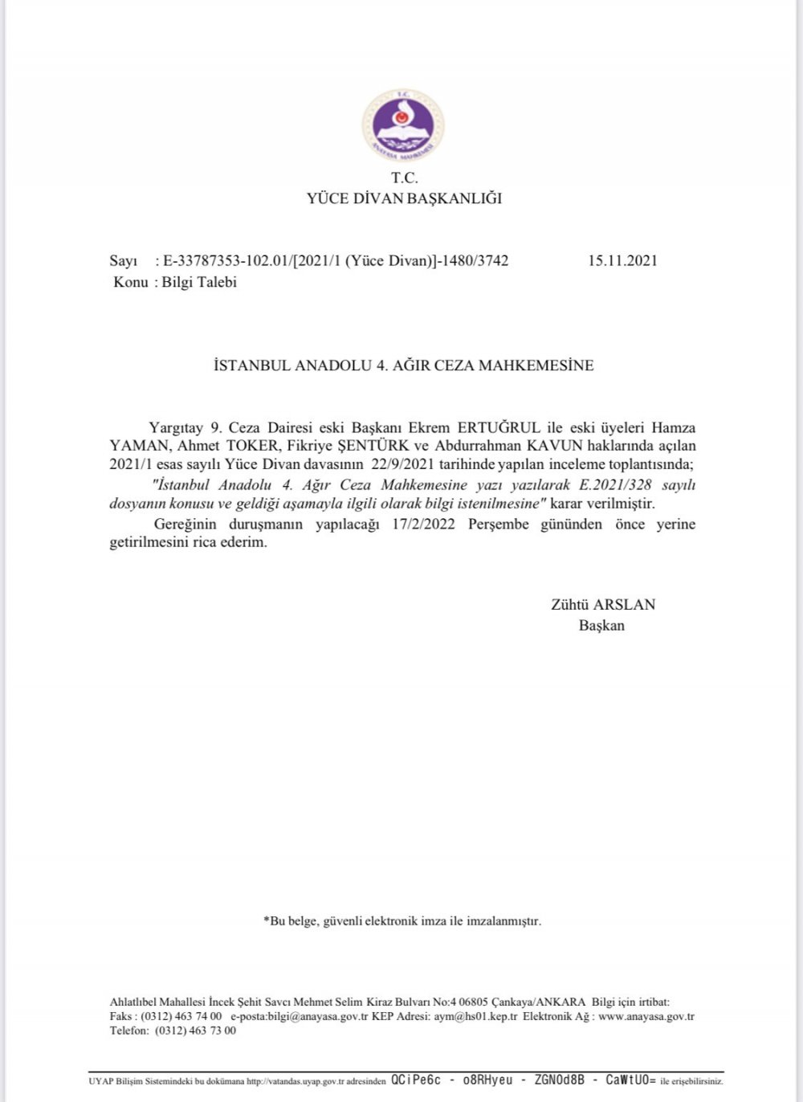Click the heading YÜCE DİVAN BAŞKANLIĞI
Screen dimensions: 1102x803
tap(404, 198)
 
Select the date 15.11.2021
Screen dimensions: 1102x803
tap(622, 260)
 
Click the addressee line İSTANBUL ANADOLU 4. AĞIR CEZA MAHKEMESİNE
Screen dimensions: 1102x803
tap(404, 365)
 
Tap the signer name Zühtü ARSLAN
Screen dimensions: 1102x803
tap(603, 605)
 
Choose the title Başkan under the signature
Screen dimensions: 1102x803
tap(601, 626)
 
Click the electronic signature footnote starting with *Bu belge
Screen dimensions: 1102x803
tap(402, 921)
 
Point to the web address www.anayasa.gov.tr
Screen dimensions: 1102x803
tap(646, 1017)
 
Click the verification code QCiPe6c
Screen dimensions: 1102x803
tap(416, 1081)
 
